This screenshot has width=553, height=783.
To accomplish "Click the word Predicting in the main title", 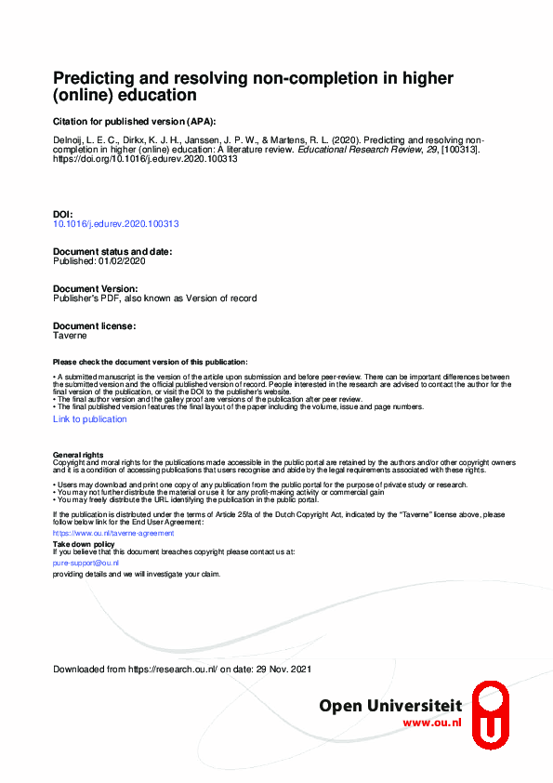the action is point(89,78).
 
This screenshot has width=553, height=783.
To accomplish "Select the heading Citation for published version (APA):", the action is point(135,121).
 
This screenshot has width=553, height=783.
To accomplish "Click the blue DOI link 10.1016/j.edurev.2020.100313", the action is point(116,224).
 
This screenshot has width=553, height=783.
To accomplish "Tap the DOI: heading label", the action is point(63,214).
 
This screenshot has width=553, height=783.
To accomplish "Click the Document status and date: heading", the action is point(112,252).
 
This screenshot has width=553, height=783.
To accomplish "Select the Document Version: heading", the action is point(95,289).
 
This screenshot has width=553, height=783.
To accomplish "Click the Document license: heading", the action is point(94,326).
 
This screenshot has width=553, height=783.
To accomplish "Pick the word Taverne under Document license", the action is point(70,336).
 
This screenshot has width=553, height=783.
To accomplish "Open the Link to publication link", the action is point(90,419).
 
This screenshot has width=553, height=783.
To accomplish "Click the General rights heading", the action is point(78,455).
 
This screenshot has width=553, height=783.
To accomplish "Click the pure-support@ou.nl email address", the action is point(86,564).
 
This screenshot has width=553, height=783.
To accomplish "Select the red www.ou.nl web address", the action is point(432,723).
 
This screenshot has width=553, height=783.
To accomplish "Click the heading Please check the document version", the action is point(151,362).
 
